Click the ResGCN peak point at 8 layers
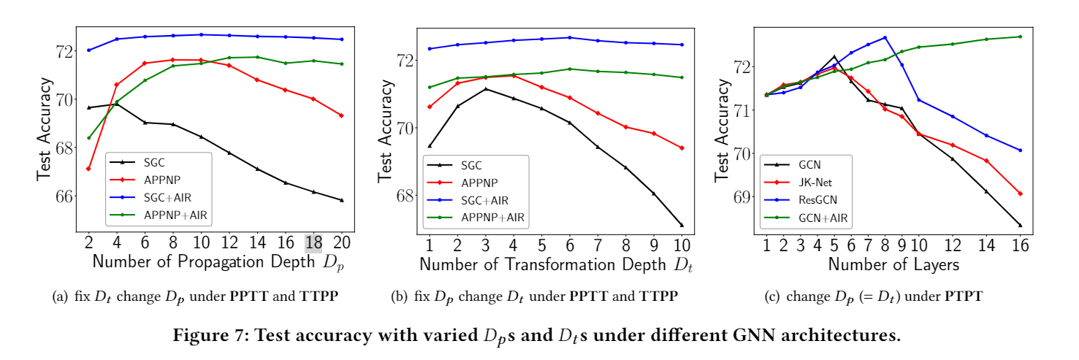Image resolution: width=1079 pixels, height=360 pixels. coord(885,38)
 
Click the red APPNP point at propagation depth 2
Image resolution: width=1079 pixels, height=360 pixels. coord(88,169)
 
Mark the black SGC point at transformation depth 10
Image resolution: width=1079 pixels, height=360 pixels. coord(682,225)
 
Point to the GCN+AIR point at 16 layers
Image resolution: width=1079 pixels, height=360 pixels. coord(1020,37)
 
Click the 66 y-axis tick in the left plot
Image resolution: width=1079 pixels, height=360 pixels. coord(64,196)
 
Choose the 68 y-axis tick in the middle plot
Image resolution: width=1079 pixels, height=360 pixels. coord(403,195)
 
